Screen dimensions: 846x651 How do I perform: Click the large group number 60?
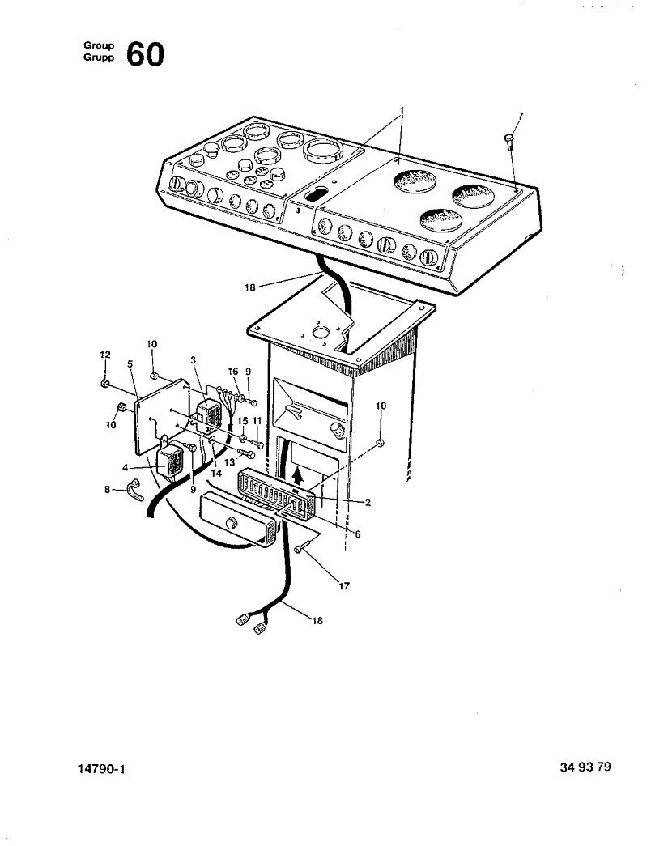point(145,55)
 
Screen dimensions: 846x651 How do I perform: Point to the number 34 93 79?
point(585,767)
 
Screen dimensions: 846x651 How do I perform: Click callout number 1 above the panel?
point(402,110)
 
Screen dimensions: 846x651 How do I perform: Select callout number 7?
point(520,117)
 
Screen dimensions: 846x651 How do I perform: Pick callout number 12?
point(104,355)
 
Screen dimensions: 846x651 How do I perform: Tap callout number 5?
point(130,364)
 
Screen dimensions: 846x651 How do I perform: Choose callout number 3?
point(193,359)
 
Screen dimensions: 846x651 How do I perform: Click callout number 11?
point(257,422)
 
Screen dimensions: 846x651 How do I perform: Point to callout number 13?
point(229,461)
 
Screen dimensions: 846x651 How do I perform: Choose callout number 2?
point(368,503)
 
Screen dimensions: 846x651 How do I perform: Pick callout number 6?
point(357,534)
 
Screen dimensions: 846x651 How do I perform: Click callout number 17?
point(343,586)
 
